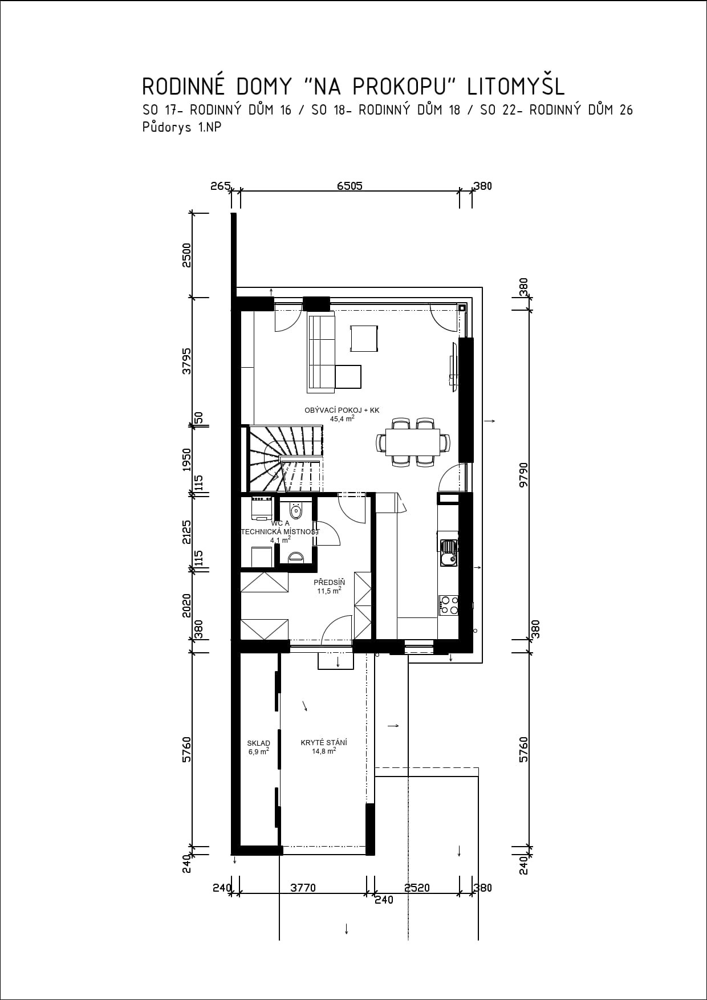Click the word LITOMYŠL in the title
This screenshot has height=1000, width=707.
[515, 86]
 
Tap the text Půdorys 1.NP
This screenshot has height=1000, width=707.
[182, 128]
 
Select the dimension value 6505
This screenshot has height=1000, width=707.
[350, 186]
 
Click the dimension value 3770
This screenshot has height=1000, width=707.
[303, 888]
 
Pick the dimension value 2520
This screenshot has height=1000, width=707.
[417, 888]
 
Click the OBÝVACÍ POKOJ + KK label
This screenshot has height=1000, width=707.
[342, 410]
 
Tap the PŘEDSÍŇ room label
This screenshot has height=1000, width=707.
[330, 582]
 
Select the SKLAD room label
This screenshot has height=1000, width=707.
[258, 743]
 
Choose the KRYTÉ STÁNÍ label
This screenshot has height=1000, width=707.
[324, 742]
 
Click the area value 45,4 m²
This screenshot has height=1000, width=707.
[342, 418]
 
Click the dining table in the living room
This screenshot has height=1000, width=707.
[413, 442]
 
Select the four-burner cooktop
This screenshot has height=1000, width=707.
[448, 605]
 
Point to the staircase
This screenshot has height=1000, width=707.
[286, 459]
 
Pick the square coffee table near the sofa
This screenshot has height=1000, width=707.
[364, 339]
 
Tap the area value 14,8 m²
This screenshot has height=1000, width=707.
[324, 751]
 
